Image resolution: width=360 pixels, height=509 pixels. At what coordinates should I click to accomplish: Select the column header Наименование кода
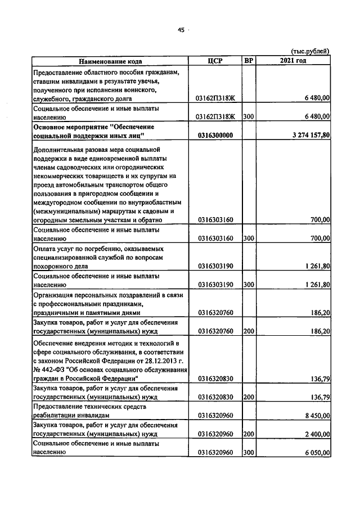click(x=110, y=61)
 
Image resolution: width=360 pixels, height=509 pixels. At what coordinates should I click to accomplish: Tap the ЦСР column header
click(x=215, y=61)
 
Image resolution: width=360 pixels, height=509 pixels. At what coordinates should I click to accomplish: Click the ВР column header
click(x=249, y=61)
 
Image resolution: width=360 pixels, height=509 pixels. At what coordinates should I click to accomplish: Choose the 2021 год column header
click(x=292, y=61)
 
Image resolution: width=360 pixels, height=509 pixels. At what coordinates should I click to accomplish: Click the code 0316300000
click(x=215, y=136)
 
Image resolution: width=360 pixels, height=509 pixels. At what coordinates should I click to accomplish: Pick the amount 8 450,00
click(x=315, y=416)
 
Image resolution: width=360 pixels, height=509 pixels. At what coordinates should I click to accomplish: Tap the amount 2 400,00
click(x=315, y=434)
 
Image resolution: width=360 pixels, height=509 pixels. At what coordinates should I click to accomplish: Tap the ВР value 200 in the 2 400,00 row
click(x=249, y=434)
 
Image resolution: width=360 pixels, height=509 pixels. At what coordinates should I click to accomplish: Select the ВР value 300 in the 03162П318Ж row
click(x=249, y=117)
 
